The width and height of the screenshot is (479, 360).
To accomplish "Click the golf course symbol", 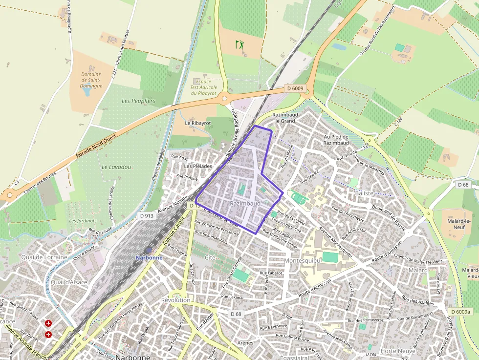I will pos(239,44).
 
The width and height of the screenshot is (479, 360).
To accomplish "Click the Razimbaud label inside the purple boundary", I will pos(244,203).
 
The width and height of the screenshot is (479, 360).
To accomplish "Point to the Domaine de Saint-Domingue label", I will pos(91,80).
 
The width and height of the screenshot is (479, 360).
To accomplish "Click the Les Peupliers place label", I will pos(138,101).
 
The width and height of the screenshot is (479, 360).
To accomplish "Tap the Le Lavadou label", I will pos(116,167).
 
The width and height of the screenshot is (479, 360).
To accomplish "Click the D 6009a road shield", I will pos(460,312).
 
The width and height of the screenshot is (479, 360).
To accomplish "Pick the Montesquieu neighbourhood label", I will pos(302,261).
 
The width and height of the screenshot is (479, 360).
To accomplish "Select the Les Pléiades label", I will pos(198,166).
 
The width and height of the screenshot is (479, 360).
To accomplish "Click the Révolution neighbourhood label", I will pos(175,300).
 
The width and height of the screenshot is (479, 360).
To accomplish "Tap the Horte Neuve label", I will pos(398,351).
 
